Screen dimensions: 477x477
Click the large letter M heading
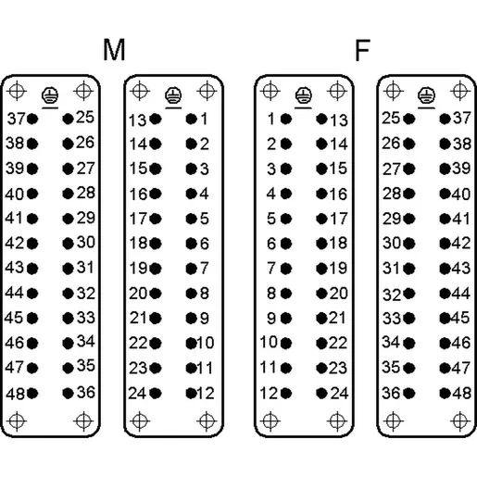(114, 50)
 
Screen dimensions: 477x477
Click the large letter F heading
(362, 50)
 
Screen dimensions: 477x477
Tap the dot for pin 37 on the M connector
(32, 119)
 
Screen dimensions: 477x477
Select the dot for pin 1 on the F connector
(286, 119)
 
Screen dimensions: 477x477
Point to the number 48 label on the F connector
(461, 393)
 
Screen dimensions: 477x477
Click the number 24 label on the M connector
(138, 394)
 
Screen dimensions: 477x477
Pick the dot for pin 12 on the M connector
(191, 394)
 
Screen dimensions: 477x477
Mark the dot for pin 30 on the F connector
(409, 244)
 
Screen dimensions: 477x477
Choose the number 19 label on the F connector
(338, 268)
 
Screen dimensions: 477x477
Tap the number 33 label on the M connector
(86, 318)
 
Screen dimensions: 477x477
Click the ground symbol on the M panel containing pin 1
(173, 95)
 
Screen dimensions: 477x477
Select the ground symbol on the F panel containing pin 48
(426, 95)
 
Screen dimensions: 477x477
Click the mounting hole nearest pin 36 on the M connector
(83, 421)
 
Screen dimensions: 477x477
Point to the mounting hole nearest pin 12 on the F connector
(270, 421)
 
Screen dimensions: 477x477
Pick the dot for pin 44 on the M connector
(32, 294)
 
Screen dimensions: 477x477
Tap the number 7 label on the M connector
(205, 268)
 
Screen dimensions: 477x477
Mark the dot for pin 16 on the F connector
(321, 194)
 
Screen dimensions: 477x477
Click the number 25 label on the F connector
(391, 118)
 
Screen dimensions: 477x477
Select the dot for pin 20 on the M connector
(156, 294)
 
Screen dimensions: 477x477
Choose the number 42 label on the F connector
(461, 243)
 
